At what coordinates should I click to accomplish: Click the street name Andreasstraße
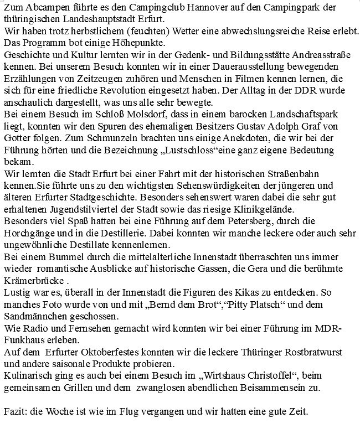319,55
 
